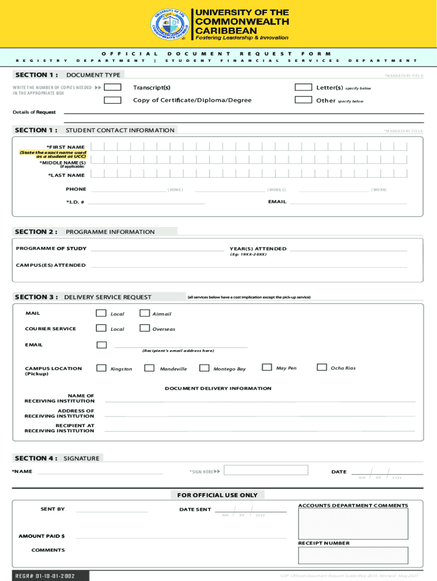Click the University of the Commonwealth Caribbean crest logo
[x=171, y=25]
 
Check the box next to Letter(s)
[x=305, y=87]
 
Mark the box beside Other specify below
[x=305, y=100]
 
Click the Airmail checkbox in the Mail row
[x=145, y=313]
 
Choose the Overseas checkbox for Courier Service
[x=145, y=328]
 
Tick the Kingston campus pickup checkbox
[x=102, y=368]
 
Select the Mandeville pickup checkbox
[x=149, y=368]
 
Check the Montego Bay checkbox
[x=204, y=368]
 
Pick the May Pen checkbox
[x=267, y=367]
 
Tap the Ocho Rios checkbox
[x=322, y=367]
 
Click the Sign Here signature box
[x=266, y=470]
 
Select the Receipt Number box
[x=353, y=555]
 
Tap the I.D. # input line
[x=146, y=201]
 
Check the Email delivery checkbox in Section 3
[x=102, y=344]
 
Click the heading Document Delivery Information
[x=218, y=389]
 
